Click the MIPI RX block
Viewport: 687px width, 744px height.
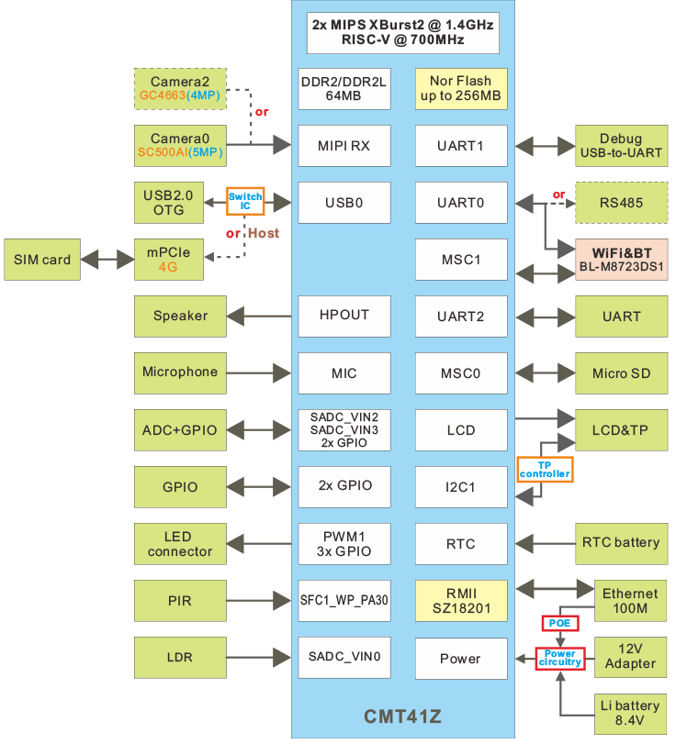pyautogui.click(x=343, y=145)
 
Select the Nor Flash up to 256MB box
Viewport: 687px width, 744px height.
pyautogui.click(x=460, y=89)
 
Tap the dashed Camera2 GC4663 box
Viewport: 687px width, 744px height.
pyautogui.click(x=180, y=88)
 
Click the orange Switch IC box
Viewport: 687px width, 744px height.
pyautogui.click(x=245, y=201)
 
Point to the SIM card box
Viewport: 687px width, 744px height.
pyautogui.click(x=42, y=260)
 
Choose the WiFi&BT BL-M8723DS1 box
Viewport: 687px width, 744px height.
pyautogui.click(x=622, y=260)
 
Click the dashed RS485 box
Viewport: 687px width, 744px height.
pyautogui.click(x=622, y=203)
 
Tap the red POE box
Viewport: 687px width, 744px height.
pyautogui.click(x=559, y=622)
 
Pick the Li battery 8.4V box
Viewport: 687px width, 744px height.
pyautogui.click(x=629, y=714)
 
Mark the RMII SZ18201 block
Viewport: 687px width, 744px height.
pyautogui.click(x=460, y=602)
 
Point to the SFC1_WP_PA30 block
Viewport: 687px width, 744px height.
pyautogui.click(x=343, y=602)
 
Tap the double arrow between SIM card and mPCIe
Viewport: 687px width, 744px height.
pyautogui.click(x=108, y=260)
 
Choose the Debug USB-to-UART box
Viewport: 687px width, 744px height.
pyautogui.click(x=622, y=145)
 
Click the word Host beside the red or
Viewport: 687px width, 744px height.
pyautogui.click(x=264, y=233)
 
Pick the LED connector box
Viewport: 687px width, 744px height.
pyautogui.click(x=180, y=544)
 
